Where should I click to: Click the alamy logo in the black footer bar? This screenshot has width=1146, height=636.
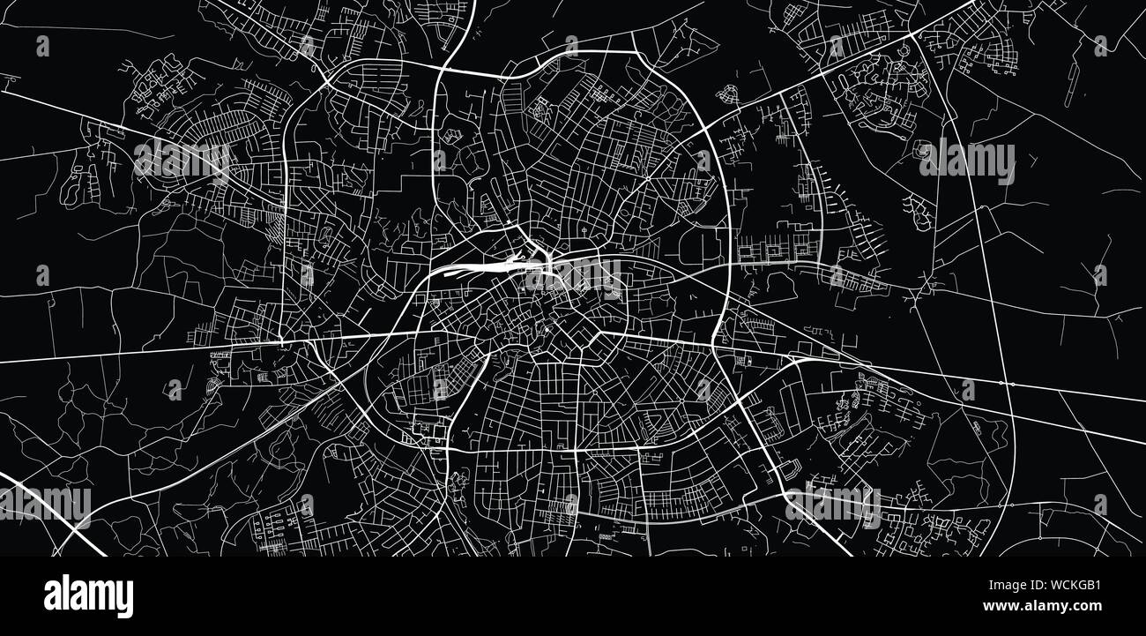(x=88, y=595)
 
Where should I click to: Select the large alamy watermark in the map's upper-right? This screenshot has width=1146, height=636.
(x=966, y=162)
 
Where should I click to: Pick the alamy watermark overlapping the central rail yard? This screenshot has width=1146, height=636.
(x=573, y=278)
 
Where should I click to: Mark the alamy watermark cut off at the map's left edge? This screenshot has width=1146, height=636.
(x=44, y=505)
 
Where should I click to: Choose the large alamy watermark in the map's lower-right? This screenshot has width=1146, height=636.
(x=832, y=505)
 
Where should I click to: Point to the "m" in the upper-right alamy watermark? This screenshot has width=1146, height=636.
(x=979, y=162)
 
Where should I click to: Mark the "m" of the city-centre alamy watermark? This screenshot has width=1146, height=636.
(x=585, y=278)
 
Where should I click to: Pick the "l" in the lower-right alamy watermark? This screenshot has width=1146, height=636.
(x=812, y=504)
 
